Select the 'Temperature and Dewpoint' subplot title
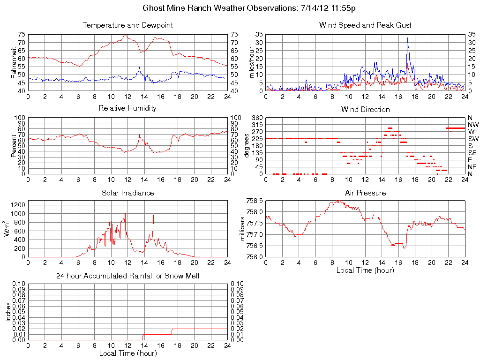tap(128, 25)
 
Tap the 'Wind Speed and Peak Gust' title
tap(365, 25)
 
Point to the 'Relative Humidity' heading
tap(127, 108)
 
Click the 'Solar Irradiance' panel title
tap(127, 193)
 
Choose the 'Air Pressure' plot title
tap(365, 193)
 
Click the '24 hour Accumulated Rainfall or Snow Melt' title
tap(127, 276)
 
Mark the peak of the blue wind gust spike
tap(407, 38)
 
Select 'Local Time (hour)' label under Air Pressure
tap(365, 270)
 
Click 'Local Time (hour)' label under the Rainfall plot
tap(127, 353)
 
